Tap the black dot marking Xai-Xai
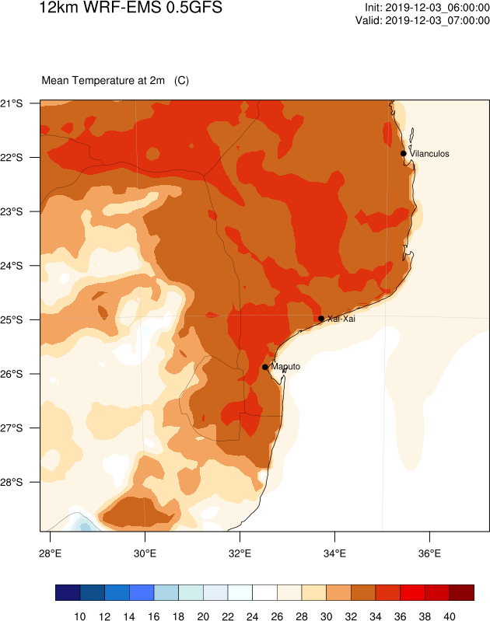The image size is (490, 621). pyautogui.click(x=321, y=318)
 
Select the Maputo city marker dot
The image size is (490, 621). pyautogui.click(x=265, y=367)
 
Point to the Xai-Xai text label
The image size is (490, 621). pyautogui.click(x=341, y=319)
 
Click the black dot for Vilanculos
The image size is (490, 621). pyautogui.click(x=404, y=153)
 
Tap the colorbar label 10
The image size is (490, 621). pyautogui.click(x=80, y=616)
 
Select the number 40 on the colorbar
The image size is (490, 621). pyautogui.click(x=449, y=616)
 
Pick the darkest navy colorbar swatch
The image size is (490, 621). pyautogui.click(x=68, y=593)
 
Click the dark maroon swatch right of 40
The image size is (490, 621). pyautogui.click(x=461, y=593)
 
